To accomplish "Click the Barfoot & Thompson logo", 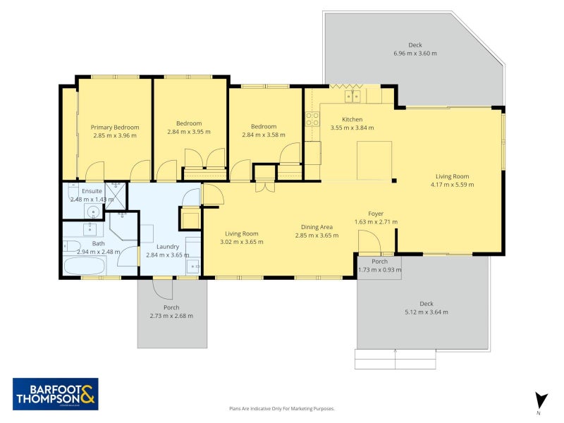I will (56, 394).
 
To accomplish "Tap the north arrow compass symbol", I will (540, 400).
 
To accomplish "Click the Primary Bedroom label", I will (115, 128).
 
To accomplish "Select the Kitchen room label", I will (352, 119).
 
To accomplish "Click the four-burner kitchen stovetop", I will (312, 119).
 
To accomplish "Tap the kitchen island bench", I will (374, 161).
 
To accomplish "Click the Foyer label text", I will (376, 213).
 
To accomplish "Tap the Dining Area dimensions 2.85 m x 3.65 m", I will (317, 235).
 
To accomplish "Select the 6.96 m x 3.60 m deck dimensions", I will (415, 54).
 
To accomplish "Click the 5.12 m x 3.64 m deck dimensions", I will (425, 312).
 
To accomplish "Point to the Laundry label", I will (167, 246).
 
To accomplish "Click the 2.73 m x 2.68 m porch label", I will (171, 316).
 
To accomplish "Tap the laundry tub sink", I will (192, 266).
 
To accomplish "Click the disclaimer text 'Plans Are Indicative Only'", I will (281, 408).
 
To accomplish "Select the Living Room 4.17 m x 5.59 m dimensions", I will (452, 185).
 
